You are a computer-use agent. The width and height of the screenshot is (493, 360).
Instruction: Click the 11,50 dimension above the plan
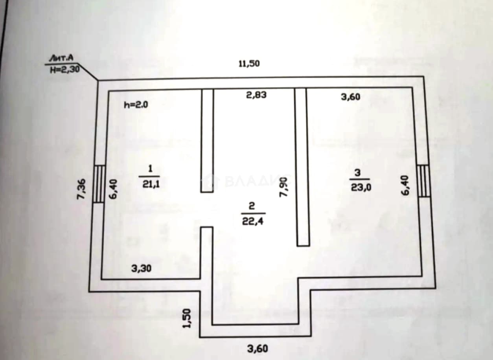tap(249, 64)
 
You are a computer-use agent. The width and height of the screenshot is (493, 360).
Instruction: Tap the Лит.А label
tap(61, 58)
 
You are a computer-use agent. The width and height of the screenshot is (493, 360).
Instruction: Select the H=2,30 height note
tap(65, 70)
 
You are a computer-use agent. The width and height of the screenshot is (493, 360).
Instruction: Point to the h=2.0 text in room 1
tap(136, 105)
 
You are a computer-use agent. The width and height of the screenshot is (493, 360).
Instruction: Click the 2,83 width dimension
tap(256, 95)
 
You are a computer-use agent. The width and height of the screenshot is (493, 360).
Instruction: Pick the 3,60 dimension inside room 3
tap(351, 97)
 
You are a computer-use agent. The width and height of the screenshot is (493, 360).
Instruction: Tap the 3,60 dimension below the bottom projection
tap(258, 349)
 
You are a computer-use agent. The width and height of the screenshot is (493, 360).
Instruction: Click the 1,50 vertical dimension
tap(187, 318)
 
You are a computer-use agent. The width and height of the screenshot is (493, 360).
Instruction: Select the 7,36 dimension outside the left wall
tap(81, 189)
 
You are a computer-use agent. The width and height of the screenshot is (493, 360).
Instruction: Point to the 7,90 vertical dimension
tap(283, 187)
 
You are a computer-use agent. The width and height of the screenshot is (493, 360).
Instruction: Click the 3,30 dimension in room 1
tap(141, 268)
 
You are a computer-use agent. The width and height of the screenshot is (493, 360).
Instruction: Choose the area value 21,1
tap(151, 184)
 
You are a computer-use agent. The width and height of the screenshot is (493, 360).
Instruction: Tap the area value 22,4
tap(253, 221)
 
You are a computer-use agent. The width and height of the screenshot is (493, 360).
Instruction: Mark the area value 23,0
tap(361, 187)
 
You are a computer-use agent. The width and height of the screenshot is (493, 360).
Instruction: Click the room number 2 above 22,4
tap(252, 206)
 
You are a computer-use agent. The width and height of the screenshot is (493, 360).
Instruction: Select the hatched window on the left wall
tap(98, 184)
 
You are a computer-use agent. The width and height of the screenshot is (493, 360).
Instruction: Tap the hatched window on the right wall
tap(423, 181)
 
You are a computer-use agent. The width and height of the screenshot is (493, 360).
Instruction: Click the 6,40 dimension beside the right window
tap(405, 185)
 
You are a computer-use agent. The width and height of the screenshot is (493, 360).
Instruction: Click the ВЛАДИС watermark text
tap(258, 181)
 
